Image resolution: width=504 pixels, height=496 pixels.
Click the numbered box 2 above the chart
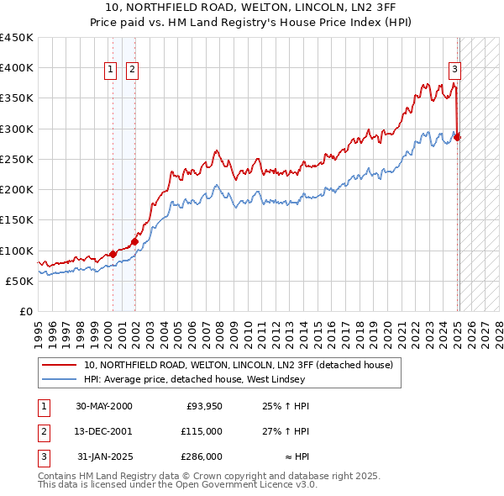click(133, 71)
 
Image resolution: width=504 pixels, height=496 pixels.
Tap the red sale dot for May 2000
click(113, 254)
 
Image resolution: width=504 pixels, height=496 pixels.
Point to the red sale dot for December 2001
click(134, 241)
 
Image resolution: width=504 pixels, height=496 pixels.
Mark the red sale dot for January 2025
click(458, 137)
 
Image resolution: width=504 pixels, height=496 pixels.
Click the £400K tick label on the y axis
click(17, 68)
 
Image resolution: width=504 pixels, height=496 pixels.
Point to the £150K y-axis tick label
click(17, 220)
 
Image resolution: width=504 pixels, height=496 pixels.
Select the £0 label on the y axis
click(25, 312)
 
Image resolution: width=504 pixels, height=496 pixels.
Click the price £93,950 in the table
click(202, 406)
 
